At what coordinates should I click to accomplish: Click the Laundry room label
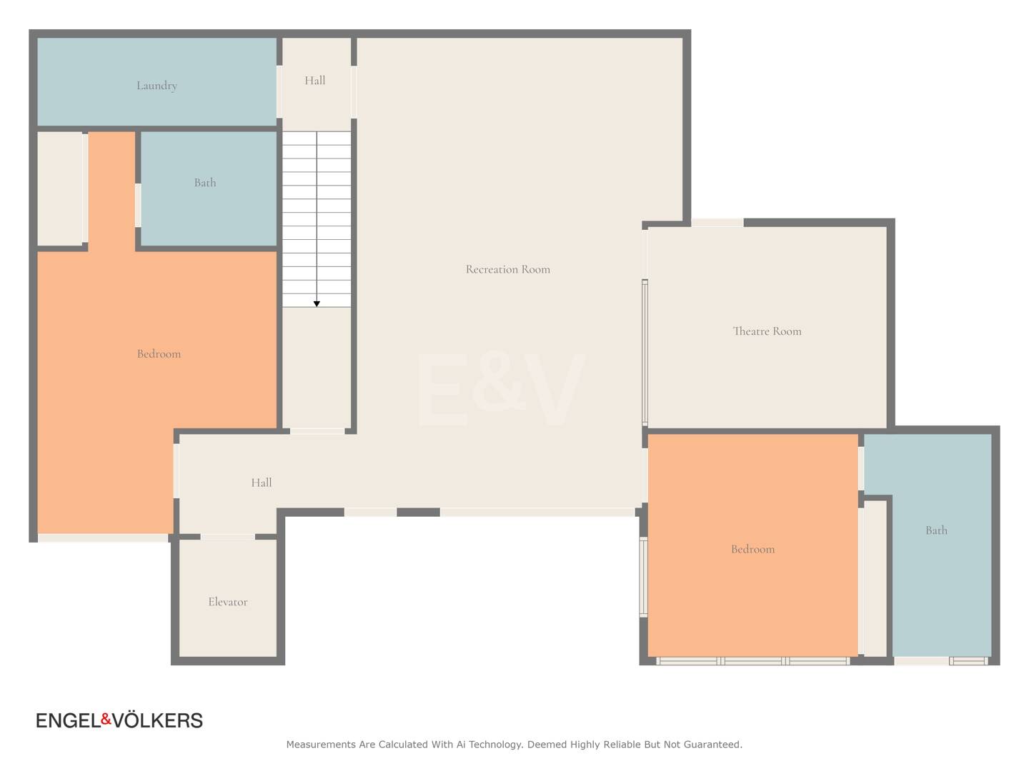pyautogui.click(x=156, y=86)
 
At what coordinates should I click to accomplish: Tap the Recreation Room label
pyautogui.click(x=507, y=269)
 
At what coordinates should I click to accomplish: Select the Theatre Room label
pyautogui.click(x=767, y=331)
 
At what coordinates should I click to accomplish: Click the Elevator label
pyautogui.click(x=228, y=602)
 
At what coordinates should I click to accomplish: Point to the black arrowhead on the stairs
pyautogui.click(x=317, y=304)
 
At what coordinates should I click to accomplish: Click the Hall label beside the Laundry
pyautogui.click(x=314, y=81)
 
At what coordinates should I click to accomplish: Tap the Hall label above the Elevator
pyautogui.click(x=261, y=483)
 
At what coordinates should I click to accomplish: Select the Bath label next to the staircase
pyautogui.click(x=205, y=183)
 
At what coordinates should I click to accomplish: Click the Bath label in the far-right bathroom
pyautogui.click(x=936, y=530)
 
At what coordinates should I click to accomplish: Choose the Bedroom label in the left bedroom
pyautogui.click(x=159, y=354)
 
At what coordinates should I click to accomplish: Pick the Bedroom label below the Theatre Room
pyautogui.click(x=753, y=549)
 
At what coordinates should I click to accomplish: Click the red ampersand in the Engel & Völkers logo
pyautogui.click(x=106, y=720)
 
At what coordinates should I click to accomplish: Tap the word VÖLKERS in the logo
pyautogui.click(x=158, y=720)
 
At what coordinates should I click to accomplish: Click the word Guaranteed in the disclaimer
pyautogui.click(x=712, y=745)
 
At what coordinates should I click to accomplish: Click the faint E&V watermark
pyautogui.click(x=501, y=390)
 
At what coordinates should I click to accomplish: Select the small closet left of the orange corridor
pyautogui.click(x=60, y=188)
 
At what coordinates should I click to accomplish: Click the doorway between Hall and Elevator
pyautogui.click(x=228, y=537)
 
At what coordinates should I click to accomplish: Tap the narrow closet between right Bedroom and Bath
pyautogui.click(x=875, y=578)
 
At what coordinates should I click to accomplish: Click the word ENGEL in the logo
pyautogui.click(x=69, y=720)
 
